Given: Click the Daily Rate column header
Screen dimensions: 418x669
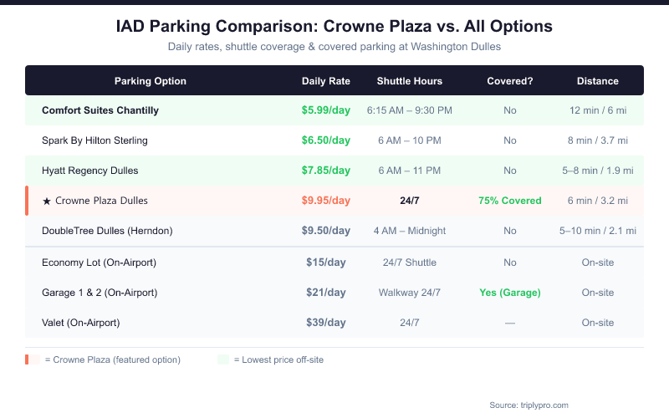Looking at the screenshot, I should [326, 81].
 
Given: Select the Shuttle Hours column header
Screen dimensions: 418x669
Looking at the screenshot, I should [410, 81].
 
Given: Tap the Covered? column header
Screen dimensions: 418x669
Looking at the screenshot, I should [510, 81].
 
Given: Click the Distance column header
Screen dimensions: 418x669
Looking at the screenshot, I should [598, 81].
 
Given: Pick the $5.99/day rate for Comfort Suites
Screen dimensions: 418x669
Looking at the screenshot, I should [326, 110].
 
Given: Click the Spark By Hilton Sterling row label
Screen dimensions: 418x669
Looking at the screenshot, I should [94, 140].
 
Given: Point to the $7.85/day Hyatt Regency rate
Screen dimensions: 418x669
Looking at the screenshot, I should [326, 171].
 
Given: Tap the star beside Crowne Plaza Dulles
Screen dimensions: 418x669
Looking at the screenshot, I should [47, 201].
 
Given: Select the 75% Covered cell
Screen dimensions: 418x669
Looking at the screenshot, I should [510, 201].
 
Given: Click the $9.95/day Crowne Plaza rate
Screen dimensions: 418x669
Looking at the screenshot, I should [326, 201].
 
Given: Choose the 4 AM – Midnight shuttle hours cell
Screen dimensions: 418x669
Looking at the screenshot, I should [410, 231].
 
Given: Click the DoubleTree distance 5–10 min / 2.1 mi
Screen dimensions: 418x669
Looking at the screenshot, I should [598, 231].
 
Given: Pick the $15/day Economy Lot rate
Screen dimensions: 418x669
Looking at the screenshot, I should [326, 263].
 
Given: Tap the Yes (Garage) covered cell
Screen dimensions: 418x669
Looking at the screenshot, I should [510, 293].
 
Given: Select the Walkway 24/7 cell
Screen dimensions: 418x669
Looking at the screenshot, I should [410, 293].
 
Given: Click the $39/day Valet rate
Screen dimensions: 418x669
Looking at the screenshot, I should [326, 323].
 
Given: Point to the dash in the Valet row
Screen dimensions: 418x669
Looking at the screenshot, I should [510, 323].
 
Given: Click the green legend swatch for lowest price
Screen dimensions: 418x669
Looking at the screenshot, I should [222, 359].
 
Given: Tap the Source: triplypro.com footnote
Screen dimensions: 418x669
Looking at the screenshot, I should [529, 405].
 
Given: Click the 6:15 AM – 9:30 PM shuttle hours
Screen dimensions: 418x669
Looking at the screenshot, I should [410, 110].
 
